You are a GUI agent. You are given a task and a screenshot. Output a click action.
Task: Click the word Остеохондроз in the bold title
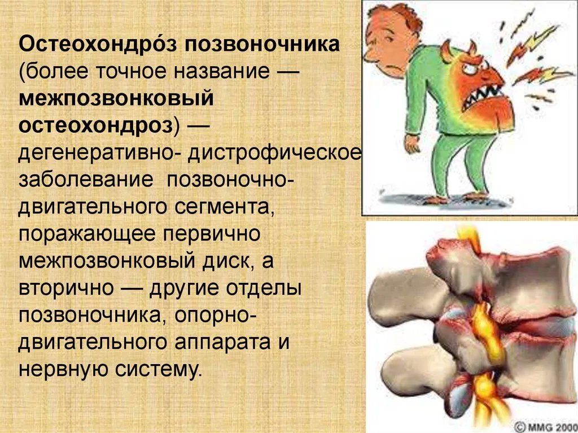tap(98, 45)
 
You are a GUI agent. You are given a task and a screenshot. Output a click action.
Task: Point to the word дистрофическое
tap(275, 154)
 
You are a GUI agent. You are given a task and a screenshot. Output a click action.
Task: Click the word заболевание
tap(86, 180)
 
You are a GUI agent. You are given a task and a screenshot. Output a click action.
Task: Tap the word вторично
tap(66, 288)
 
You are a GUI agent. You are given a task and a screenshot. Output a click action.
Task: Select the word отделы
tap(264, 288)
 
